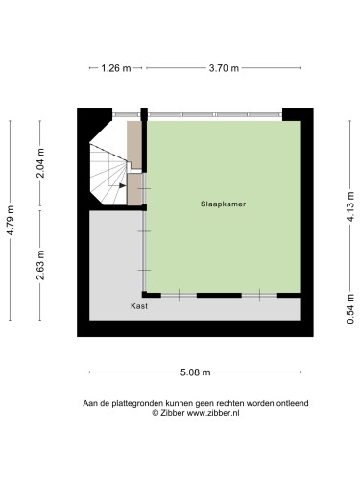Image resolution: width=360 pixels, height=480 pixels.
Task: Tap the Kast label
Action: [138, 306]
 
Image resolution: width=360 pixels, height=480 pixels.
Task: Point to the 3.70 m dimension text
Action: [224, 68]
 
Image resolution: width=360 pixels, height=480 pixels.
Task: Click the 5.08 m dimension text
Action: [195, 372]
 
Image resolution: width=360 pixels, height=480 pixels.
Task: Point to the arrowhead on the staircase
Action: [122, 188]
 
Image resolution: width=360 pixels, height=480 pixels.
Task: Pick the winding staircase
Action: [108, 173]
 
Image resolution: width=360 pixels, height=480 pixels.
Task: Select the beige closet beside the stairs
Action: [134, 144]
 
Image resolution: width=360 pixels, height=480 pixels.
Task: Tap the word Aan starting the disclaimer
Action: [91, 404]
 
